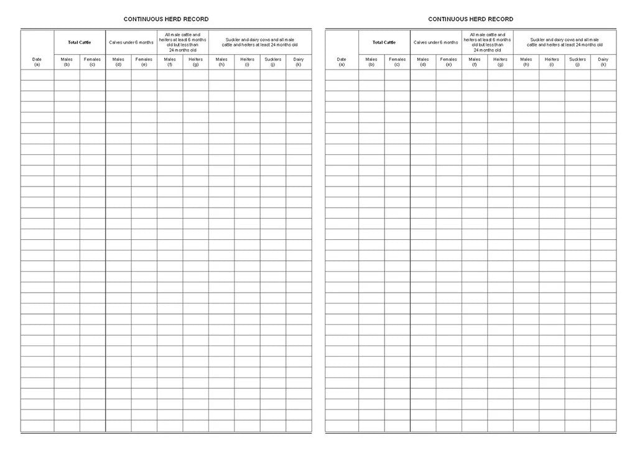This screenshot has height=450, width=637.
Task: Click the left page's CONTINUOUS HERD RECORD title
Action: pos(166,19)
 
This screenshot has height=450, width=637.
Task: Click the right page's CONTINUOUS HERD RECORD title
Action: pos(470,19)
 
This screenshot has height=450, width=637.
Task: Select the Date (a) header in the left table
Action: pos(37,62)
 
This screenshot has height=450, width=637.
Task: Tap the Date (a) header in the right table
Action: pos(342,62)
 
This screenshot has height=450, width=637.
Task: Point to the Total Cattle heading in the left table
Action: pos(80,42)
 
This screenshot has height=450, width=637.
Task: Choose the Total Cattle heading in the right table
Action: pos(384,42)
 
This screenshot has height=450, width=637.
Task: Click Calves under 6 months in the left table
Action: pos(131,42)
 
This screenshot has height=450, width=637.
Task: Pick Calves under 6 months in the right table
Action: pos(435,42)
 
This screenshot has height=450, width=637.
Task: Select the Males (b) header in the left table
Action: pos(67,62)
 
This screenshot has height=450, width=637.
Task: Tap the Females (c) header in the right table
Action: pos(397,62)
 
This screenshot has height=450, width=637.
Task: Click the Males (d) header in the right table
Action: pos(423,62)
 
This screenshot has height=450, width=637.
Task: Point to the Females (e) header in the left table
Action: pos(144,62)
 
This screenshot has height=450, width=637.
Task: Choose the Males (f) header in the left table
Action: pos(170,62)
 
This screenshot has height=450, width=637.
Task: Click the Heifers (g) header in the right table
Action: pos(500,62)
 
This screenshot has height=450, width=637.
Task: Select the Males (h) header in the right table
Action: pos(526,62)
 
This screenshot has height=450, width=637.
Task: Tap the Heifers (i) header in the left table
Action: pos(247,62)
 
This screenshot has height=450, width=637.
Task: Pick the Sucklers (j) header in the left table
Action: pos(273,62)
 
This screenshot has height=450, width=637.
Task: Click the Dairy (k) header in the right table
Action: pos(603,62)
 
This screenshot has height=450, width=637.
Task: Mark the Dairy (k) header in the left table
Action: pos(299,62)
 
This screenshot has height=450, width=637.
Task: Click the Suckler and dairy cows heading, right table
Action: pos(564,42)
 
